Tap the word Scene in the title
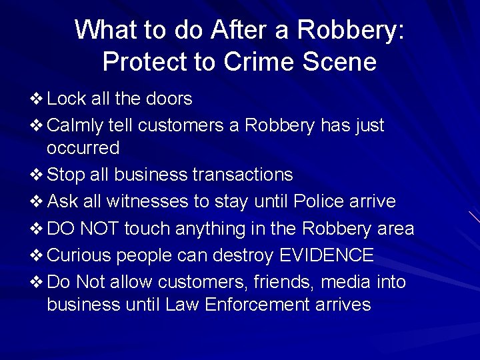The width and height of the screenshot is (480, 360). pyautogui.click(x=343, y=62)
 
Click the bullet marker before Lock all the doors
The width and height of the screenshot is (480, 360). pyautogui.click(x=37, y=99)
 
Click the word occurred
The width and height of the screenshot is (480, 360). pyautogui.click(x=83, y=147)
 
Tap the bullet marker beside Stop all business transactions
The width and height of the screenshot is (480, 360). pyautogui.click(x=37, y=175)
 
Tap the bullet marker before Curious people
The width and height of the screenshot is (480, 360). pyautogui.click(x=37, y=255)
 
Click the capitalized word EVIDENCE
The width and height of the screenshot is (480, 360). pyautogui.click(x=326, y=255)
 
